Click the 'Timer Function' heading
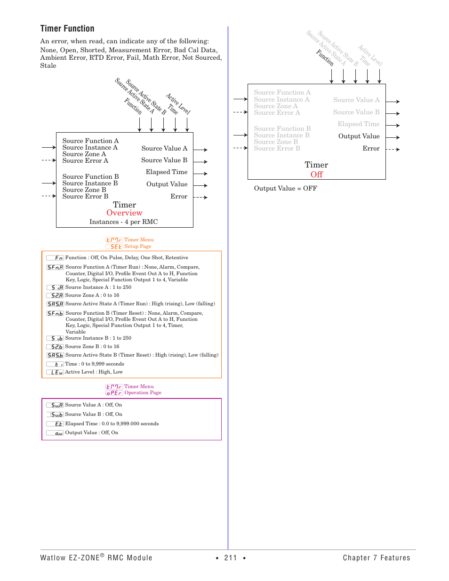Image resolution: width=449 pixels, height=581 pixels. [x=67, y=29]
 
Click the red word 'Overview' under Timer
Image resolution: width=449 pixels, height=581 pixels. [x=124, y=213]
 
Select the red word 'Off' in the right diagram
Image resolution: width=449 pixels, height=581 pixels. [x=317, y=175]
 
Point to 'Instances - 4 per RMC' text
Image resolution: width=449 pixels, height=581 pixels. [x=123, y=222]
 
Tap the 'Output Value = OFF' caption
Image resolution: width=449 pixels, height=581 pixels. [x=285, y=189]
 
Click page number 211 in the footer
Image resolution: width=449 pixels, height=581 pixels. [x=231, y=558]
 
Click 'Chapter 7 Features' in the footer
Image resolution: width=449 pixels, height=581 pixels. [x=376, y=558]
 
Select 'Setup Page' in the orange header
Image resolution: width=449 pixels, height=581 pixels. [x=138, y=247]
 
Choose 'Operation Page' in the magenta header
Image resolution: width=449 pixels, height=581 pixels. [x=143, y=393]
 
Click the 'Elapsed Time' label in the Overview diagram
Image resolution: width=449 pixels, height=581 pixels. [x=167, y=172]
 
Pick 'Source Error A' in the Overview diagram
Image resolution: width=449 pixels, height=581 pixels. [x=85, y=161]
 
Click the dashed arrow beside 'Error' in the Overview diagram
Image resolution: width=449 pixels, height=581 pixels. [x=200, y=198]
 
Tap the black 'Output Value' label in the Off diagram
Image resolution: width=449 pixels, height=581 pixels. [x=359, y=136]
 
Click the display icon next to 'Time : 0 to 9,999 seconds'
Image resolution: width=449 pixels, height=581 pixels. [x=55, y=364]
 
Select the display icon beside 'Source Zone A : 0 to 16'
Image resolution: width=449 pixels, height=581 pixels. [x=55, y=295]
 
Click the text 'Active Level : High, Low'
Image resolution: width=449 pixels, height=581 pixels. [x=94, y=372]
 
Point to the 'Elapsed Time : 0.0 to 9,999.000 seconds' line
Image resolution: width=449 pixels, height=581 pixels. [x=112, y=424]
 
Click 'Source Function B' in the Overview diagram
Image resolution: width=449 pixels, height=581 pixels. [x=90, y=177]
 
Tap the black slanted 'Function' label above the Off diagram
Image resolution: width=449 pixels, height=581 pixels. [x=325, y=57]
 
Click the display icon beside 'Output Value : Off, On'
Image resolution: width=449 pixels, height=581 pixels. [x=55, y=433]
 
